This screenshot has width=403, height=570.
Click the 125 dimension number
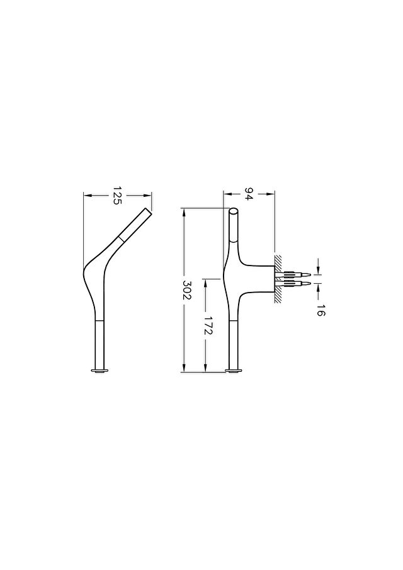click(x=116, y=196)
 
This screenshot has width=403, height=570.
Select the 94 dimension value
click(x=249, y=194)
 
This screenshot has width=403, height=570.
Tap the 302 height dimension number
click(x=186, y=290)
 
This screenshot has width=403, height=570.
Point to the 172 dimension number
click(x=208, y=325)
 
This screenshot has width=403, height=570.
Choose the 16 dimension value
click(x=320, y=310)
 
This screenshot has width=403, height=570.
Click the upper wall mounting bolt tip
click(x=310, y=274)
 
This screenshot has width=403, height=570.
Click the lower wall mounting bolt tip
click(x=310, y=282)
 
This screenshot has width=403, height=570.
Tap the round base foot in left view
click(x=99, y=371)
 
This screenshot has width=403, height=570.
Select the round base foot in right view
click(x=234, y=371)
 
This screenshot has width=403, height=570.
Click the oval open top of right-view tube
click(x=234, y=211)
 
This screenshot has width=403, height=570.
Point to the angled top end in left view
click(x=149, y=211)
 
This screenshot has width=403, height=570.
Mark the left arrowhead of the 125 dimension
click(x=88, y=196)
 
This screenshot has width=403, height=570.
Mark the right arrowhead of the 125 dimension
click(x=148, y=196)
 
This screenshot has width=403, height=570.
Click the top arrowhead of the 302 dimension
click(x=184, y=211)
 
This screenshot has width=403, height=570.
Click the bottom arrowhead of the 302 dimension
click(x=184, y=368)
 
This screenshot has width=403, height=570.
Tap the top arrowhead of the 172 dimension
click(x=206, y=282)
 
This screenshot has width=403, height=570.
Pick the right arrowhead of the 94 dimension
click(x=271, y=194)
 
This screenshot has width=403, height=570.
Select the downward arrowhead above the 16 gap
click(x=319, y=270)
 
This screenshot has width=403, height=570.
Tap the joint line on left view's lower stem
click(x=99, y=321)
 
